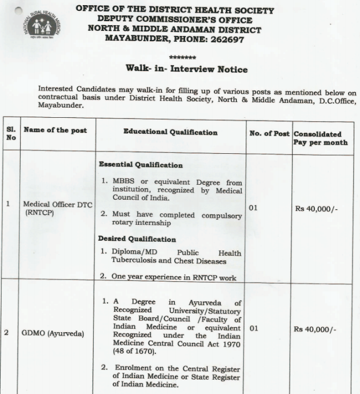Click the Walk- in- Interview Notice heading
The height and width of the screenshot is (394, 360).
[186, 69]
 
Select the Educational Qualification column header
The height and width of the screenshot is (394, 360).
[170, 132]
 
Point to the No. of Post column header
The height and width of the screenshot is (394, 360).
[269, 133]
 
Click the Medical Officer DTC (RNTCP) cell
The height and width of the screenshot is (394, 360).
[57, 208]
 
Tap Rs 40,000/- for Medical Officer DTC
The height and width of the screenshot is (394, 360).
[316, 209]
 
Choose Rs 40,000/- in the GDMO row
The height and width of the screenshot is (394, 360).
[316, 329]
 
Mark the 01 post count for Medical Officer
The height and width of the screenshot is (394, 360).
[254, 208]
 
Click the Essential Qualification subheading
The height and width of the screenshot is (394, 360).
[141, 165]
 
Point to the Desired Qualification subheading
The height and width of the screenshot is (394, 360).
[137, 239]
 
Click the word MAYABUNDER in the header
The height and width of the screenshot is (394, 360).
[134, 39]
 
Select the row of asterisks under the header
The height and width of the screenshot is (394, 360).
[183, 58]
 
